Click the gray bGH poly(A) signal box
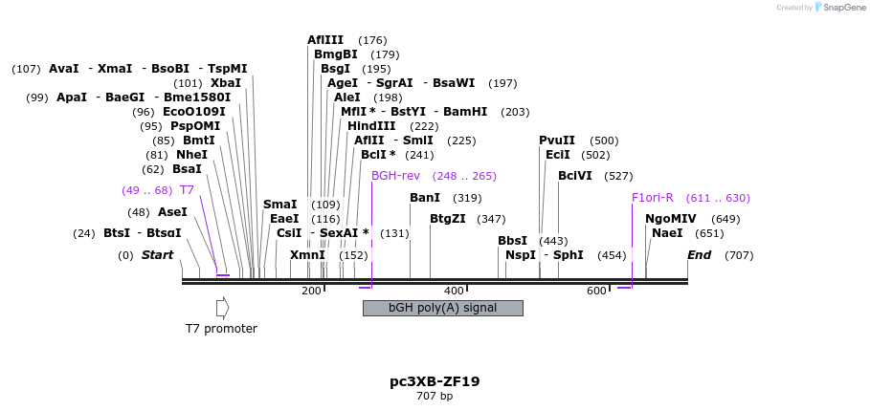tap(442, 308)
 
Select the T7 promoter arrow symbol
tap(222, 308)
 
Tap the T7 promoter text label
tap(221, 329)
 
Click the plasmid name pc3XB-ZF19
tap(435, 381)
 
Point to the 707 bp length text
tap(435, 396)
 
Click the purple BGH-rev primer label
tap(395, 176)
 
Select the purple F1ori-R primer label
tap(653, 198)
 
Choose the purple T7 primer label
tap(187, 190)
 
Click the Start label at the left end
tap(157, 255)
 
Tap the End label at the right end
tap(699, 255)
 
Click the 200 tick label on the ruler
tap(312, 291)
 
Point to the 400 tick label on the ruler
tap(454, 291)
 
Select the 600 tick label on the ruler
tap(595, 291)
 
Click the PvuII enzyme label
tap(557, 141)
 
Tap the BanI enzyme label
tap(425, 198)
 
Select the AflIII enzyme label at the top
tap(325, 40)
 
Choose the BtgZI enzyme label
tap(448, 219)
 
